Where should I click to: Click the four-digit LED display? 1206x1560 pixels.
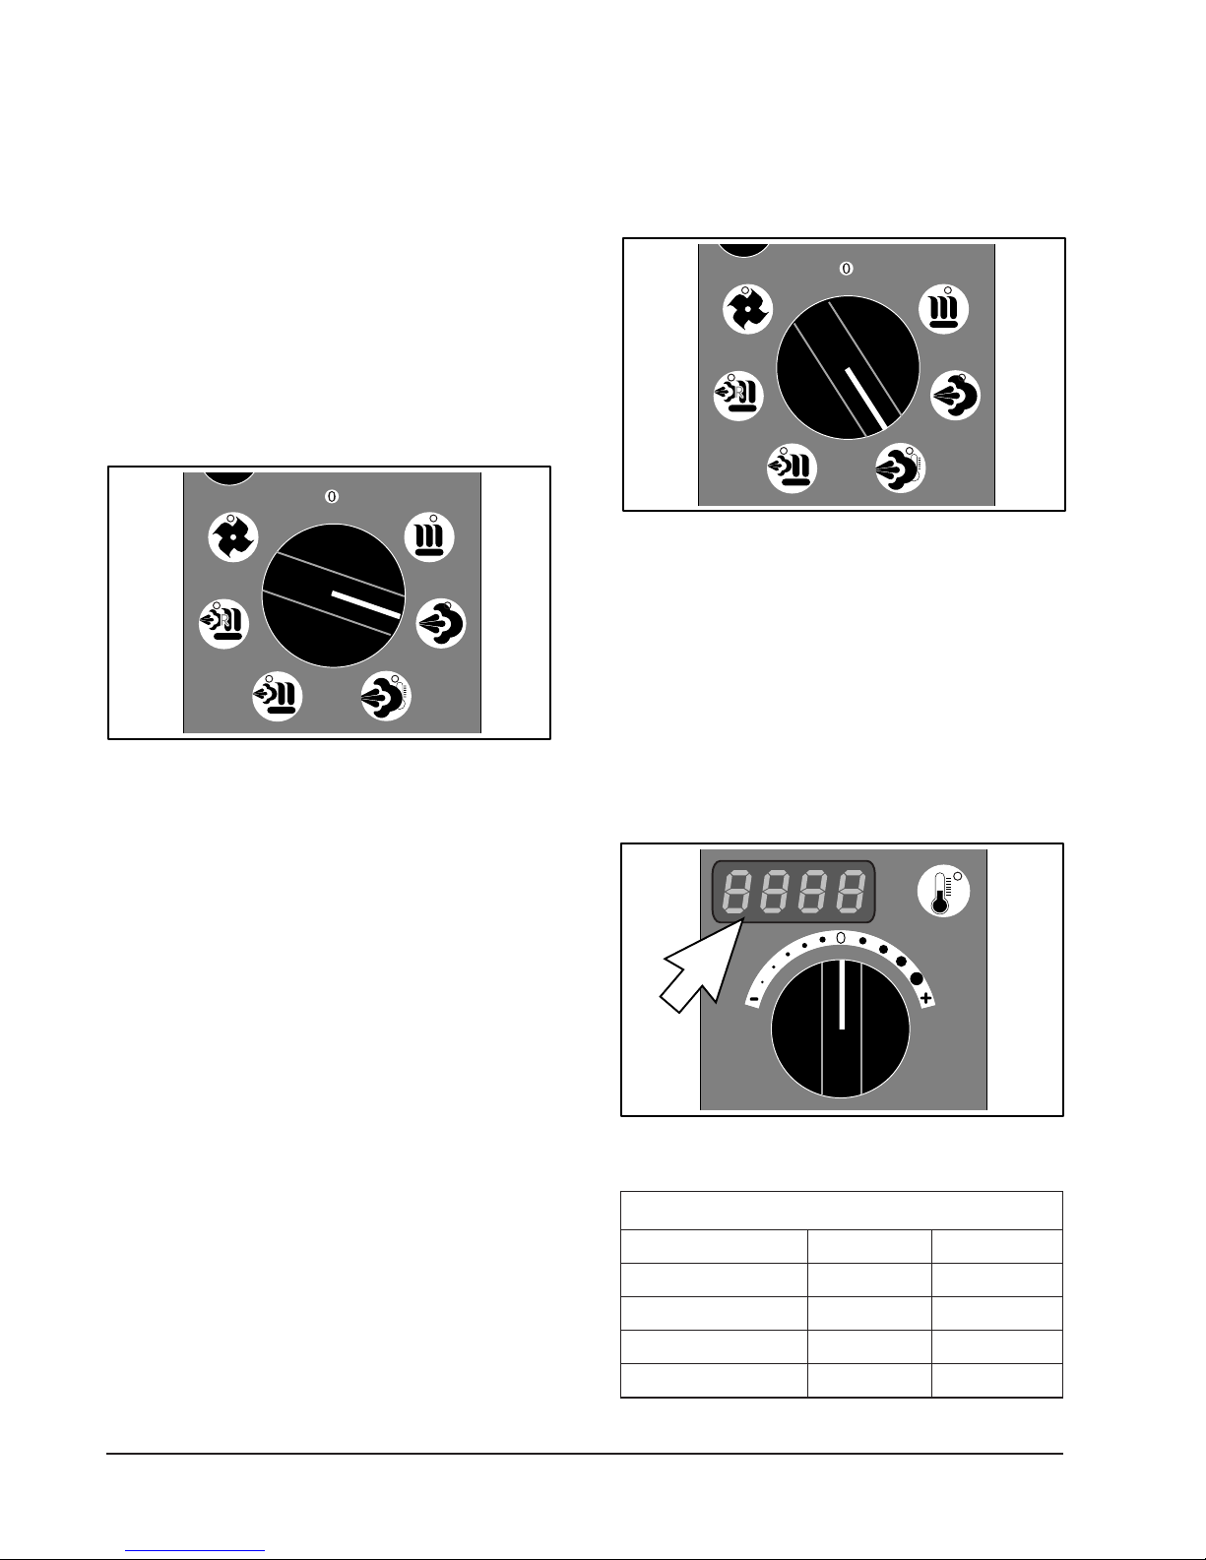coord(793,892)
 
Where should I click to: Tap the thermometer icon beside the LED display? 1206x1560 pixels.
coord(943,891)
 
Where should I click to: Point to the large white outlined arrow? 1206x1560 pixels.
coord(701,967)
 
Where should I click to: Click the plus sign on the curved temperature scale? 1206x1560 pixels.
coord(926,998)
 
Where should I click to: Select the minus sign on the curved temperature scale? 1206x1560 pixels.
coord(753,999)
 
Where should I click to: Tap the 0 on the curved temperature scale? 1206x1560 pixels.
coord(841,938)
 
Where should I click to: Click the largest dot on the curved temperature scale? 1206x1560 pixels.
coord(916,977)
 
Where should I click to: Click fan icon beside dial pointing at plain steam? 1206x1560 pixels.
coord(233,537)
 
